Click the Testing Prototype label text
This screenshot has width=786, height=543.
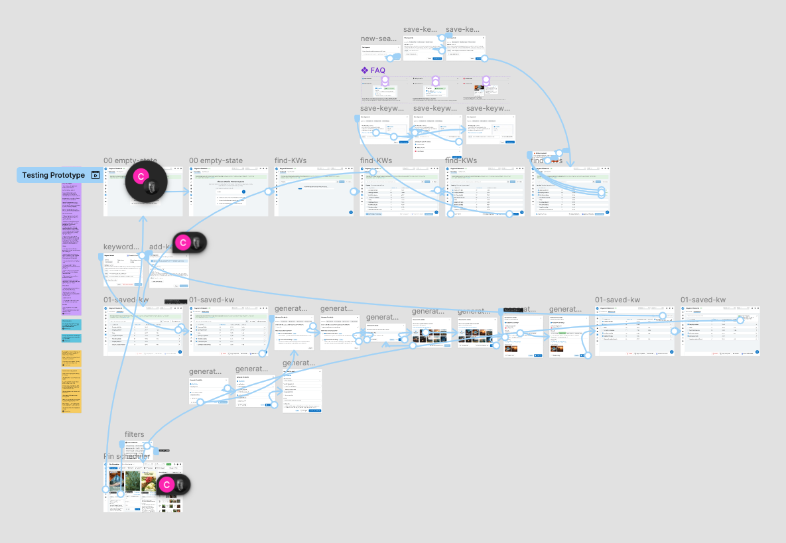click(x=53, y=175)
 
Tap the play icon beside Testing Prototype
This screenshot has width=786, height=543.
click(x=96, y=175)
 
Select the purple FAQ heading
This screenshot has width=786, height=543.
click(x=377, y=70)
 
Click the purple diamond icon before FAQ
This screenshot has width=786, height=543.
click(x=364, y=70)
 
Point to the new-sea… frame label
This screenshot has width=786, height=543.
click(x=379, y=38)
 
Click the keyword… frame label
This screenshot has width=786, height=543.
click(x=122, y=247)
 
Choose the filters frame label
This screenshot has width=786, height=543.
click(x=134, y=434)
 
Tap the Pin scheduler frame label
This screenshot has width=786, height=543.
click(x=127, y=456)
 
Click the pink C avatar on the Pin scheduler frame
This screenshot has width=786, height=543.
click(x=166, y=485)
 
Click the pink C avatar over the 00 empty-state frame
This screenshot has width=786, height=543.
click(x=140, y=177)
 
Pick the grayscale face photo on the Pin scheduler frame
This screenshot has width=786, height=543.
click(x=180, y=485)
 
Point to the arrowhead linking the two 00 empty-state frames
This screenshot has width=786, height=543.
click(x=186, y=192)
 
